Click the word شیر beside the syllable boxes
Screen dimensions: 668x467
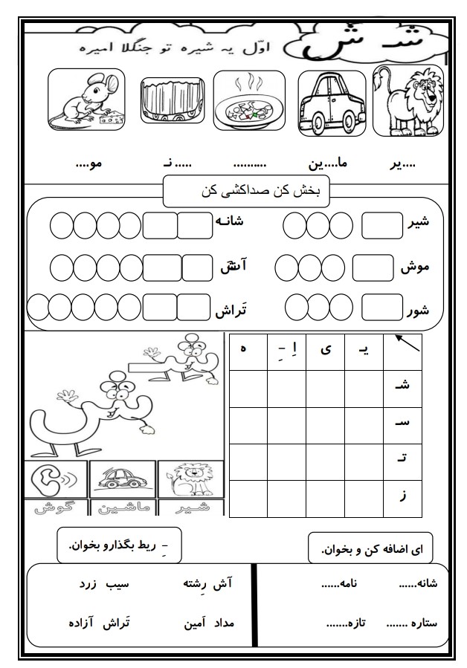414,223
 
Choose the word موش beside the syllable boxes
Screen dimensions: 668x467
413,266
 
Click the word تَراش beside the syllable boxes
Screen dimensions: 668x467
231,310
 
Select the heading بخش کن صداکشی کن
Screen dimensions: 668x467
245,191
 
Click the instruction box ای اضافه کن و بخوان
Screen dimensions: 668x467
370,549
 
